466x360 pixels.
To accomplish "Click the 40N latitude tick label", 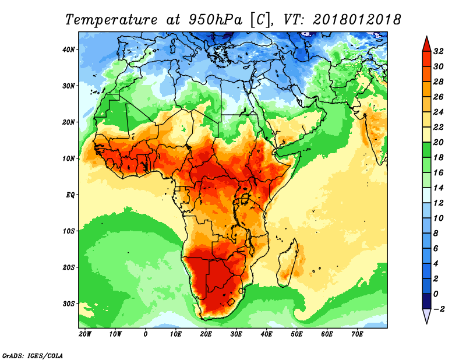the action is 69,50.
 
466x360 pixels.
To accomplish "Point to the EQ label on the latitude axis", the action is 70,195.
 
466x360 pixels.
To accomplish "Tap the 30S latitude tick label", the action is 69,304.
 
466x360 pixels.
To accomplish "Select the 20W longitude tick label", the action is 85,334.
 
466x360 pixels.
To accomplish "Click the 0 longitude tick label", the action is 145,334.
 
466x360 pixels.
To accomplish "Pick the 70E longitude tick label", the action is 357,334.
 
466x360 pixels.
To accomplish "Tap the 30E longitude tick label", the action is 236,334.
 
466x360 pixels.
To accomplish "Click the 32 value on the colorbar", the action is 439,51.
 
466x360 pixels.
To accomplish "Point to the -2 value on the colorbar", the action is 439,309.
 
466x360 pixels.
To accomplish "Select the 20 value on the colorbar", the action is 439,142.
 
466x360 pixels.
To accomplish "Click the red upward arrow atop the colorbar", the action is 426,44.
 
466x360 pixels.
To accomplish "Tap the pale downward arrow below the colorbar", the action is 426,316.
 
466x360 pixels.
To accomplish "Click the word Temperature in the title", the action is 111,20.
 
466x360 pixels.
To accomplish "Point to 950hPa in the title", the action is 216,20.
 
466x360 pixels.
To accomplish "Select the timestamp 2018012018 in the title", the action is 356,20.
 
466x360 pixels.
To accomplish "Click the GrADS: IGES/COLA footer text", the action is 33,356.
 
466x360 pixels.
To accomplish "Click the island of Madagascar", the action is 287,263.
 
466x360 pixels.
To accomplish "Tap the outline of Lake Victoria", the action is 245,198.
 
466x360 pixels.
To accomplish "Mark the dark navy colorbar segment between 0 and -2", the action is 426,301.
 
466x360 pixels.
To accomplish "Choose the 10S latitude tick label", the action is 69,231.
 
